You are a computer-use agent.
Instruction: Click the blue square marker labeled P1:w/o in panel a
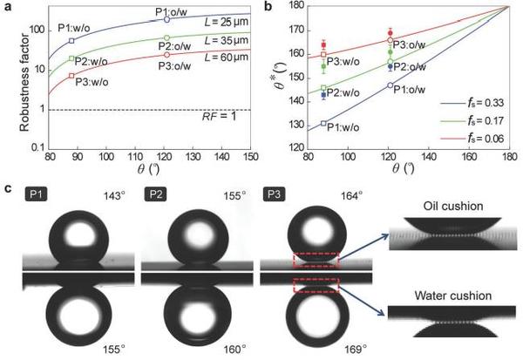click(71, 41)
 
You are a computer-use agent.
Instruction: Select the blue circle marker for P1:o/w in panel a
click(167, 19)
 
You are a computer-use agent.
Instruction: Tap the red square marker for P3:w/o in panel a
click(71, 76)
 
